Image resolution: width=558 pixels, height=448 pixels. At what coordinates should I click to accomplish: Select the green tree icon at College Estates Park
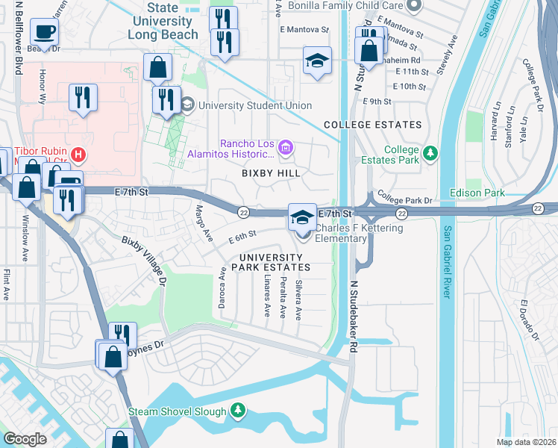[x=430, y=154]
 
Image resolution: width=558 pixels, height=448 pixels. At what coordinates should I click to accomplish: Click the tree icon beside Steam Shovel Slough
[x=238, y=410]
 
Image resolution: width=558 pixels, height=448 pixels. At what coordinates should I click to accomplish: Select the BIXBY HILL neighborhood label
[x=271, y=173]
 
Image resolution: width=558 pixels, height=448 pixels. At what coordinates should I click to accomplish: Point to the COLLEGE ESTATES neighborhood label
[x=372, y=125]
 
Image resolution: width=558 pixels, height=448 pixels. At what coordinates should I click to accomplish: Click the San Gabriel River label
[x=448, y=262]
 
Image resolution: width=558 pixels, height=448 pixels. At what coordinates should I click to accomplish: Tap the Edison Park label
[x=477, y=193]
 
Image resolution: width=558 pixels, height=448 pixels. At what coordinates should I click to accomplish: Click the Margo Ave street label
[x=199, y=223]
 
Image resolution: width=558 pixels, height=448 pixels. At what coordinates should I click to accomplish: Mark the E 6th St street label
[x=242, y=237]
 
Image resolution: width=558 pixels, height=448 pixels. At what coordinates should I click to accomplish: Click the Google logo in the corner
[x=25, y=438]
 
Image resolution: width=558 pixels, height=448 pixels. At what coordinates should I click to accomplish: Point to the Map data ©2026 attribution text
[x=525, y=442]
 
